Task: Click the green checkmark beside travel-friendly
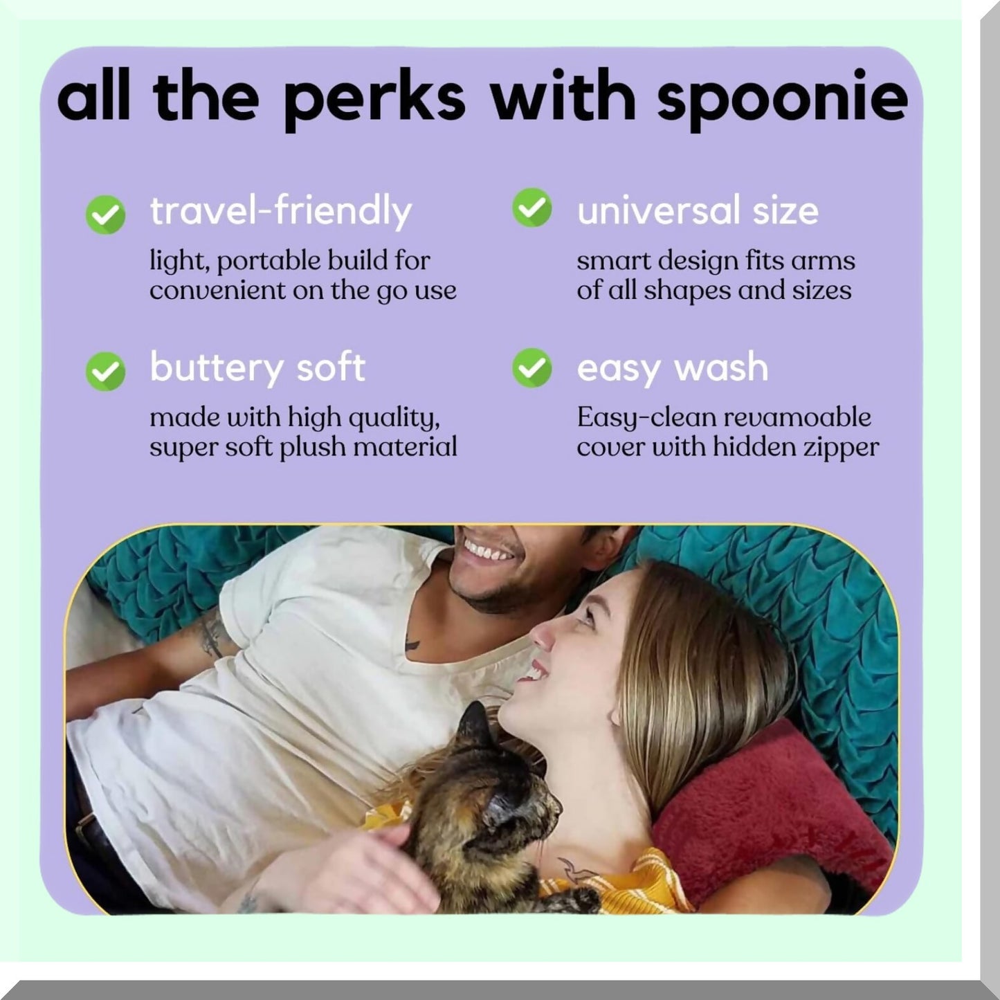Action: [105, 215]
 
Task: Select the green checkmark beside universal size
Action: [532, 208]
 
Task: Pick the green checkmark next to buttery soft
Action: [105, 371]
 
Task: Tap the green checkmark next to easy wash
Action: [532, 367]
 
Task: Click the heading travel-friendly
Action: [281, 210]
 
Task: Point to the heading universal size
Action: [698, 210]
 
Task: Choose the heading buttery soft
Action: [257, 367]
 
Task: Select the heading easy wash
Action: [673, 367]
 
